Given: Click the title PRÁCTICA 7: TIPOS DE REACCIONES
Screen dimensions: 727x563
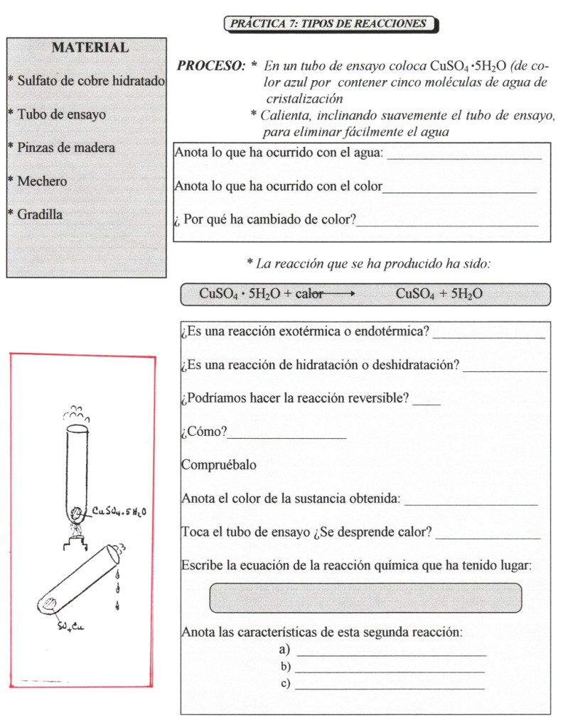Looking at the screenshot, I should click(329, 23).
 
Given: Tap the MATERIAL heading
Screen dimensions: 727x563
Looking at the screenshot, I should click(90, 48).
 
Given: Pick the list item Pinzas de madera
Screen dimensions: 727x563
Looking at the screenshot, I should click(64, 148).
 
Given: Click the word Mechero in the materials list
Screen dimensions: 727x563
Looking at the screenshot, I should click(42, 181).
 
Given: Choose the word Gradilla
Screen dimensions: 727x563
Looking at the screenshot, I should click(40, 214).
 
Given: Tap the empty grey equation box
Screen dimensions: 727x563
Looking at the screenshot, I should click(365, 597).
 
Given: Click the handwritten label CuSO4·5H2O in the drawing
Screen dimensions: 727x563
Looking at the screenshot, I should click(119, 510).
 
